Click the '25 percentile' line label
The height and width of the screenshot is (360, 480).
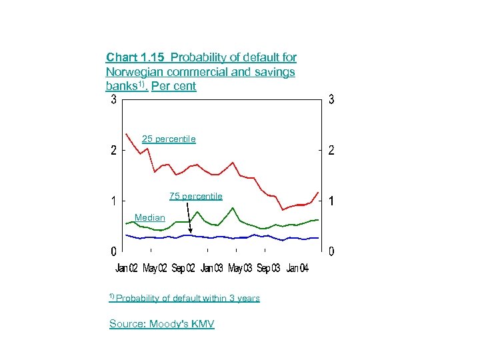pyautogui.click(x=169, y=139)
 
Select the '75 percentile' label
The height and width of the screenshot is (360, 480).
pyautogui.click(x=195, y=196)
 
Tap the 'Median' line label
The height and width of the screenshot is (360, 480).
pyautogui.click(x=149, y=217)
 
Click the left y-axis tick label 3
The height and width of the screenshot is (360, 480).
pyautogui.click(x=114, y=101)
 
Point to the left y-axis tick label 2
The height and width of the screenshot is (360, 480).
pyautogui.click(x=114, y=151)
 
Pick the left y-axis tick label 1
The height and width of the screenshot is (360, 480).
pyautogui.click(x=114, y=201)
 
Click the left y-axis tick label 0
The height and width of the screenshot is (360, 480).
pyautogui.click(x=114, y=251)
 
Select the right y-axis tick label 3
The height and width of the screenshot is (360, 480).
pyautogui.click(x=331, y=101)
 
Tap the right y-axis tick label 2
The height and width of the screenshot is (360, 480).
pyautogui.click(x=331, y=151)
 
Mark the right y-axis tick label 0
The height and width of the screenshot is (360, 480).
pyautogui.click(x=331, y=251)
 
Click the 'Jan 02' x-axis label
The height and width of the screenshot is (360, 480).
pyautogui.click(x=127, y=268)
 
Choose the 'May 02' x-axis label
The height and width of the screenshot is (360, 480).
pyautogui.click(x=155, y=268)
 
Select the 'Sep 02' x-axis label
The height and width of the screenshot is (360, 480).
pyautogui.click(x=183, y=268)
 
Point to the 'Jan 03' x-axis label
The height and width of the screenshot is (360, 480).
pyautogui.click(x=212, y=268)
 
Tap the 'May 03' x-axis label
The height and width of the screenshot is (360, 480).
pyautogui.click(x=240, y=268)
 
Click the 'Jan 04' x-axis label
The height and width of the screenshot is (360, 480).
pyautogui.click(x=297, y=268)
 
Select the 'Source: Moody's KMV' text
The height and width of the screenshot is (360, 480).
pyautogui.click(x=161, y=324)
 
